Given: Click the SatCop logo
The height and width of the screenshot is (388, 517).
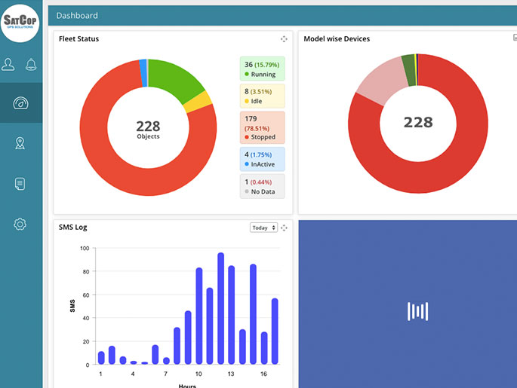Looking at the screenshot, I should click(20, 21).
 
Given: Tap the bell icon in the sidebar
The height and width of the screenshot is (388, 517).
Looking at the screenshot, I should click(32, 64).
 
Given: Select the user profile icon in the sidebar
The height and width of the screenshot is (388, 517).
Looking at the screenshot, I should click(8, 64).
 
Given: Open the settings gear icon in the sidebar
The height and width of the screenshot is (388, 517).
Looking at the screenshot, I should click(20, 224).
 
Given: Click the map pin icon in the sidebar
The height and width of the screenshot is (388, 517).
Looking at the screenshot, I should click(20, 143).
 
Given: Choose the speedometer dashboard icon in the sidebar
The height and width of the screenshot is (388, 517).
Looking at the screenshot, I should click(20, 103).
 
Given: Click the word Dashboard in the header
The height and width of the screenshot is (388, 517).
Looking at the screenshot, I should click(76, 15).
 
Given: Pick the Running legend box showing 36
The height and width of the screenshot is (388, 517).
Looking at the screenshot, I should click(262, 69).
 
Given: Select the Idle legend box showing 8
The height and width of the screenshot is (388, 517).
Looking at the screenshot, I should click(262, 96).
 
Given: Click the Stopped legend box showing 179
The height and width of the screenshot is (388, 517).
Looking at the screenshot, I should click(262, 127).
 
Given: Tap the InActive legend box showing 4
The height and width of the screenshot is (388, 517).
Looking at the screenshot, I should click(262, 159).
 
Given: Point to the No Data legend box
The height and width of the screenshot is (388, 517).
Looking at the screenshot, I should click(262, 186).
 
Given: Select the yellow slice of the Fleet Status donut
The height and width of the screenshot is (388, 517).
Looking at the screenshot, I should click(198, 102).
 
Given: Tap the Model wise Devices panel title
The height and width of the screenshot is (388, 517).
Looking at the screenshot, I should click(337, 39).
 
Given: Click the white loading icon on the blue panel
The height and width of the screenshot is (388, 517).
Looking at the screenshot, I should click(417, 311).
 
